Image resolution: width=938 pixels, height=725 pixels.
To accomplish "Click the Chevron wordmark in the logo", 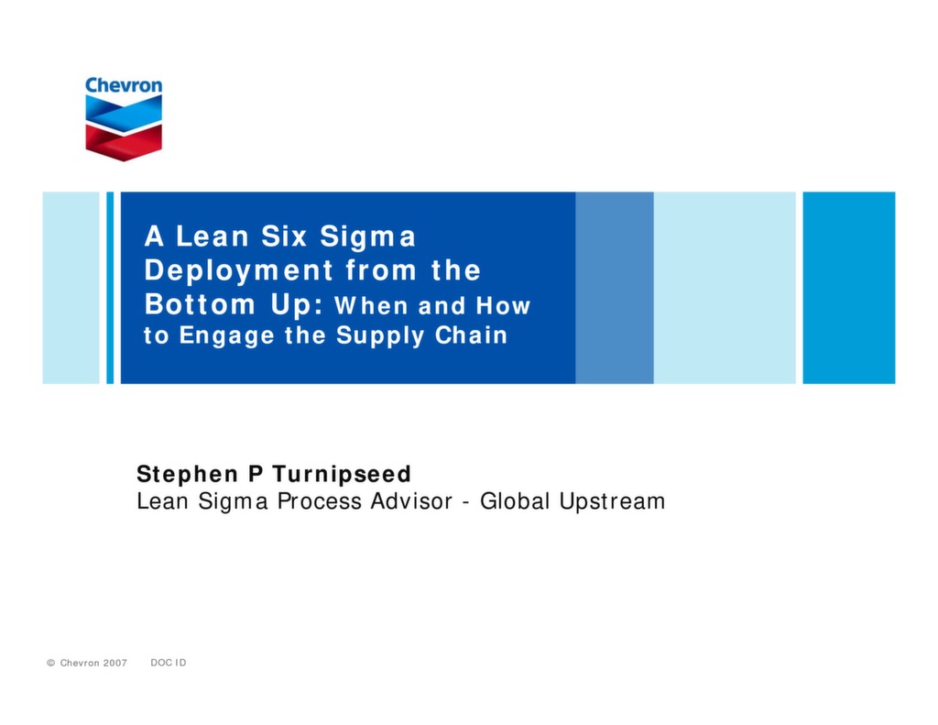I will (124, 85).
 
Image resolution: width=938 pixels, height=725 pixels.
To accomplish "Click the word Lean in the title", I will (213, 236).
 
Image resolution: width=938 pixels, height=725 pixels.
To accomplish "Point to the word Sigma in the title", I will (367, 236).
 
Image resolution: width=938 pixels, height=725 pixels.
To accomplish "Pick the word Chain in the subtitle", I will (471, 335).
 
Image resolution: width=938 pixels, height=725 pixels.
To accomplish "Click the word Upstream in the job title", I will (612, 501).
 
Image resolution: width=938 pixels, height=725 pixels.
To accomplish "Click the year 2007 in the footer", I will (114, 663).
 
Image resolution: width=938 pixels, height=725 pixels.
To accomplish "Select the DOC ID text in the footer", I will (168, 663).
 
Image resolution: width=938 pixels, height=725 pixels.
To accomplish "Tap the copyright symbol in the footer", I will (51, 663).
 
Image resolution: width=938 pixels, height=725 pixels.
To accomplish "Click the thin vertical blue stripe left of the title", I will (110, 287).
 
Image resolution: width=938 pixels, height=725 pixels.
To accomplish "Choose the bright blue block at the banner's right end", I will (848, 287).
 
